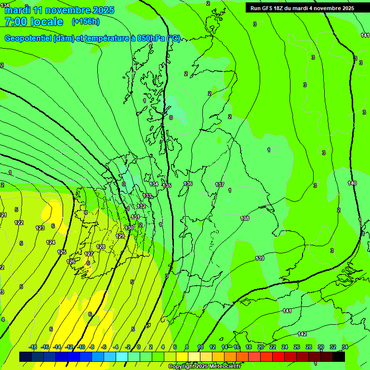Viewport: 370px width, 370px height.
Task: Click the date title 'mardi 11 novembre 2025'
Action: [x=59, y=10]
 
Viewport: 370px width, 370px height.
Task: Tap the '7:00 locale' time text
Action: [x=34, y=22]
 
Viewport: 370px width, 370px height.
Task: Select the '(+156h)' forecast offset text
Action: [x=86, y=21]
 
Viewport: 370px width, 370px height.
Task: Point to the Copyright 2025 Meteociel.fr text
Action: [x=204, y=366]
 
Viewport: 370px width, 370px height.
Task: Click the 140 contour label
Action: [x=352, y=183]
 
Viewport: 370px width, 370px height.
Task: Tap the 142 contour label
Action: [x=302, y=334]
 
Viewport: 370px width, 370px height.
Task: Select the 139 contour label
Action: [x=260, y=259]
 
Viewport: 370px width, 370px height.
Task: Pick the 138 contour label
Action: [x=245, y=218]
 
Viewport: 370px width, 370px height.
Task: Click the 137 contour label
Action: [x=220, y=185]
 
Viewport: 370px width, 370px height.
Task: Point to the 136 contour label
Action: [x=188, y=184]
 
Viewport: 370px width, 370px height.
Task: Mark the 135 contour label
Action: [x=167, y=185]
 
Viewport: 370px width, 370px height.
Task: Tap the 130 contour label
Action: [x=129, y=228]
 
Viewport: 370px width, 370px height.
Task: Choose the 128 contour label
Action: [x=101, y=247]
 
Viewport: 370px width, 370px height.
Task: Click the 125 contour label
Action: [x=62, y=252]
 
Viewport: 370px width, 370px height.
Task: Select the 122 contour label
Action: [x=19, y=223]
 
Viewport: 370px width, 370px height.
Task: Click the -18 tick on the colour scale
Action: [x=33, y=347]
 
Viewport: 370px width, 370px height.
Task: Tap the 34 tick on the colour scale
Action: [x=344, y=347]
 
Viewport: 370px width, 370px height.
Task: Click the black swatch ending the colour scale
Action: [x=338, y=357]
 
